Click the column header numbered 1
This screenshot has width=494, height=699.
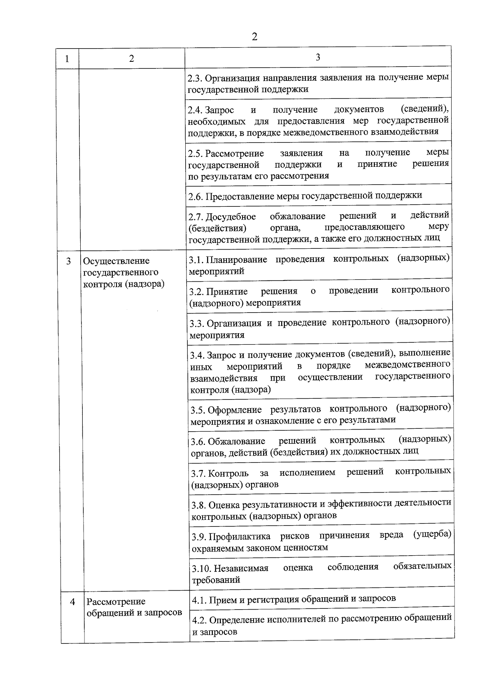click(67, 58)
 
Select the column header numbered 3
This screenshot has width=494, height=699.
click(318, 57)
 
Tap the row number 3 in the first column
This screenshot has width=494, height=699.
click(68, 261)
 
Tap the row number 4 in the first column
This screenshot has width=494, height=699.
click(72, 602)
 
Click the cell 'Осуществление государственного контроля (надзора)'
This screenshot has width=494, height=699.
click(123, 272)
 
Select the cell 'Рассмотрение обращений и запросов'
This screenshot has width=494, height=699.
click(134, 607)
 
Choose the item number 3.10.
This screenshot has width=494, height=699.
click(201, 569)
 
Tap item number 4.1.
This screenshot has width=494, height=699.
click(198, 600)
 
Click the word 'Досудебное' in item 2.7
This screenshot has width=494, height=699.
click(231, 217)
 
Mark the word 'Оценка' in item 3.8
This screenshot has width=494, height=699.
click(224, 505)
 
